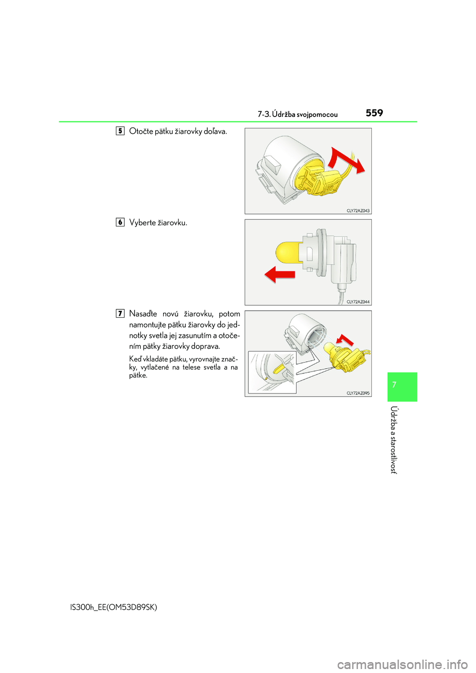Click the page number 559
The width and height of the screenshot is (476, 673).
tap(374, 113)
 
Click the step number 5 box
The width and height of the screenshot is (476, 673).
tap(120, 131)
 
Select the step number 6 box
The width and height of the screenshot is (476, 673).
tap(120, 222)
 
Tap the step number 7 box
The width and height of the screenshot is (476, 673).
tap(120, 313)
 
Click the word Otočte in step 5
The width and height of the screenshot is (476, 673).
tap(141, 131)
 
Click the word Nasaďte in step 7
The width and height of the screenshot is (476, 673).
tap(143, 314)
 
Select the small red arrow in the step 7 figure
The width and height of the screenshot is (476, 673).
tap(345, 340)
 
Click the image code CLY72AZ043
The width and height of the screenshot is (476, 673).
tap(357, 211)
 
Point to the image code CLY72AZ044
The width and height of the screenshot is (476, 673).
tap(357, 302)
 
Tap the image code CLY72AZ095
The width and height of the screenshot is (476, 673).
tap(357, 393)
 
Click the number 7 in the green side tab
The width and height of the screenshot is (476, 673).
tap(395, 385)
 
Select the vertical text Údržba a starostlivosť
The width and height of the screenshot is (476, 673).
tap(394, 440)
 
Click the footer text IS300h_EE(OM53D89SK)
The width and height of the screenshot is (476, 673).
tap(114, 607)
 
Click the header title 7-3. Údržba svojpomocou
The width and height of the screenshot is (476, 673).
tap(297, 114)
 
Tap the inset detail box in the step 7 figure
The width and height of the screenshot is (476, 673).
tap(272, 372)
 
